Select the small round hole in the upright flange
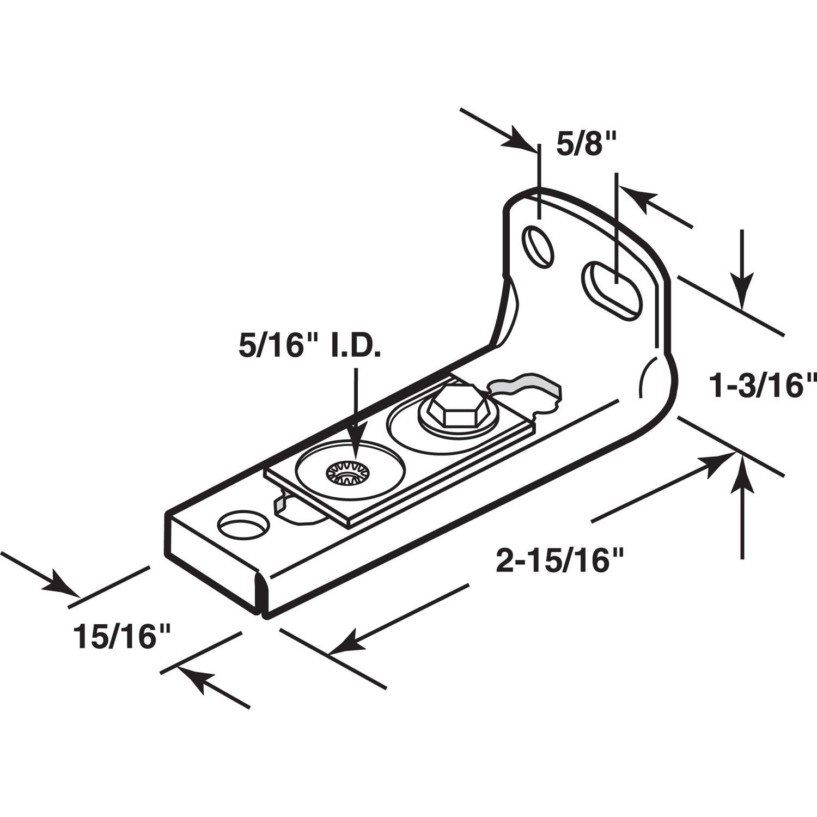coord(539,247)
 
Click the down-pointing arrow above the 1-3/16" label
coord(742,288)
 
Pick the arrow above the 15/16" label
coord(60,586)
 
